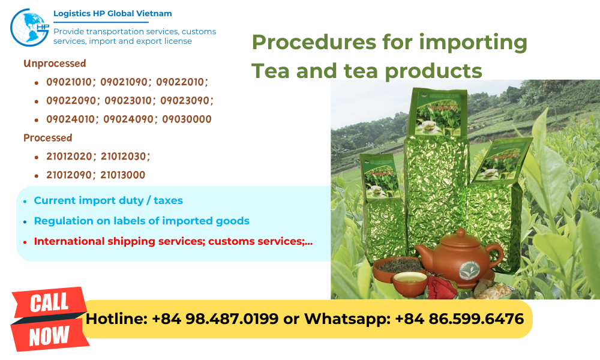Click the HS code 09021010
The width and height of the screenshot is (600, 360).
[70, 82]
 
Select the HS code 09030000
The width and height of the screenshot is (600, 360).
[187, 119]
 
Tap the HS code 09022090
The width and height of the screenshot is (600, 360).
[70, 100]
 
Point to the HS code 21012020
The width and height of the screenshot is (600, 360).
[70, 156]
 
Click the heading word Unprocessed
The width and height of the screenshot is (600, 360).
[55, 63]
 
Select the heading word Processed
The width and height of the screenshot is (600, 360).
[47, 137]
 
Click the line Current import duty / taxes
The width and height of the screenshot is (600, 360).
[108, 200]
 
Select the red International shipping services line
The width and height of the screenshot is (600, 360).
[173, 241]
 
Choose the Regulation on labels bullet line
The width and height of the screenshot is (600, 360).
[141, 221]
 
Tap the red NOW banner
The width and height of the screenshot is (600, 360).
[49, 335]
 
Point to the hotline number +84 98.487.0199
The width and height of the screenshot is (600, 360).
[215, 319]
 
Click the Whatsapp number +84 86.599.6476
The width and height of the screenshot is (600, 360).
[459, 319]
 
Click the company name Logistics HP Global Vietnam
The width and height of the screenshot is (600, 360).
[113, 13]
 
